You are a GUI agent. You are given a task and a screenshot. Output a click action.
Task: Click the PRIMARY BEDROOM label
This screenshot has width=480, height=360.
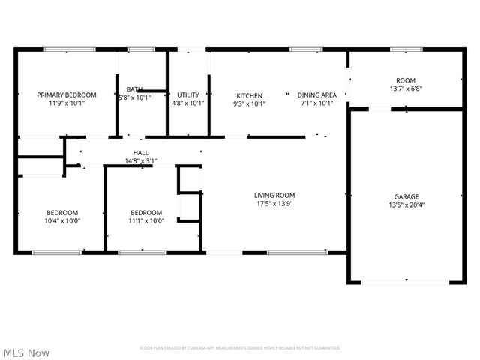pos(67,95)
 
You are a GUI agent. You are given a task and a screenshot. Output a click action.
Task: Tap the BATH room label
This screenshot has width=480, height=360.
pos(134,89)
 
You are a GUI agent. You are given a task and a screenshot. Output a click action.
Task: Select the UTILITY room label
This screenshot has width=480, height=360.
pos(187,95)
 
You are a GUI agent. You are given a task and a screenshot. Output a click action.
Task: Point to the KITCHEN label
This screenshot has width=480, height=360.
pos(250,95)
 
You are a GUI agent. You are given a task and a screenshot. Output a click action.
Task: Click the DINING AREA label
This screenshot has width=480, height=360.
pos(316,95)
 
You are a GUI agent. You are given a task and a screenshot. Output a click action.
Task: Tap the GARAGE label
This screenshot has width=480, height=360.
pos(406,196)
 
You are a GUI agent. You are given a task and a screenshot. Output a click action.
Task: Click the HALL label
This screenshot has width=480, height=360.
pos(141,152)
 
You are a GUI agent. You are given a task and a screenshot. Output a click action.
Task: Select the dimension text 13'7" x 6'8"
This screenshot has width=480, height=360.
pos(406,88)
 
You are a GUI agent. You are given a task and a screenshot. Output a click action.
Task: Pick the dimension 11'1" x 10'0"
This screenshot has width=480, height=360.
pos(145,220)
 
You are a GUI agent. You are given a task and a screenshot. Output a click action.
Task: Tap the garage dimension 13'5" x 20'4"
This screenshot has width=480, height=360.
pos(406,205)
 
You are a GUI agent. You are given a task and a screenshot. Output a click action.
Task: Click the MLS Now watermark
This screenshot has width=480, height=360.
pos(25,352)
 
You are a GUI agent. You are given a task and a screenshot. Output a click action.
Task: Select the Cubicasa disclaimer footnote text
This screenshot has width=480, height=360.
pos(240,348)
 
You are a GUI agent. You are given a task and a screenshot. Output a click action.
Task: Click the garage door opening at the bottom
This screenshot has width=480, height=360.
pos(406,282)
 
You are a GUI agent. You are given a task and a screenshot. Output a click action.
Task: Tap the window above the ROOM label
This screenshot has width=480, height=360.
pos(406,49)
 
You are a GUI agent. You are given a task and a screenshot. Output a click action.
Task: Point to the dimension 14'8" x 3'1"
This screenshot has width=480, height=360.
pos(141,160)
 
